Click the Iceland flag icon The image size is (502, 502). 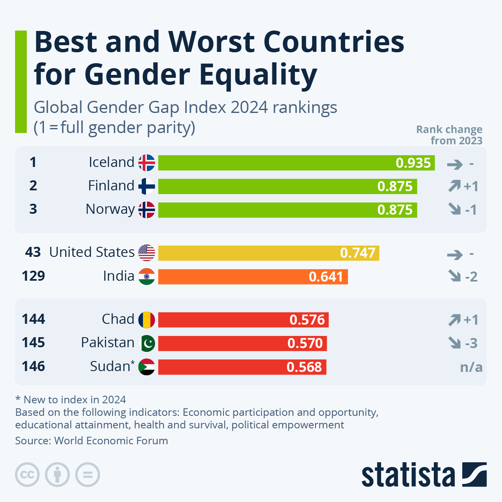pyautogui.click(x=146, y=163)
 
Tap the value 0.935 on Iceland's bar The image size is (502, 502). pyautogui.click(x=413, y=163)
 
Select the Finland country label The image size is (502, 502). pyautogui.click(x=111, y=186)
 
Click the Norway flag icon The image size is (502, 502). pyautogui.click(x=146, y=210)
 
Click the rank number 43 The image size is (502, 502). pyautogui.click(x=33, y=252)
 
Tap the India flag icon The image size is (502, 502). pyautogui.click(x=146, y=277)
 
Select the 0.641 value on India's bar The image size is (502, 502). pyautogui.click(x=325, y=277)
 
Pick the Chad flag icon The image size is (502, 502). pyautogui.click(x=146, y=320)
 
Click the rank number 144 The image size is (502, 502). pyautogui.click(x=33, y=319)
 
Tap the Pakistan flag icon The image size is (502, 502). pyautogui.click(x=146, y=343)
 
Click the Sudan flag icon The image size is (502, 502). pyautogui.click(x=146, y=367)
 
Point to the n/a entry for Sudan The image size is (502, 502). pyautogui.click(x=471, y=367)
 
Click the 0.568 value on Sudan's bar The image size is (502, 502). pyautogui.click(x=304, y=367)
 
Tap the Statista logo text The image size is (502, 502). pyautogui.click(x=408, y=475)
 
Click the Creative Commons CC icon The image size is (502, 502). pyautogui.click(x=27, y=475)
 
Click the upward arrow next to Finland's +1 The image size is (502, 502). pyautogui.click(x=454, y=186)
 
